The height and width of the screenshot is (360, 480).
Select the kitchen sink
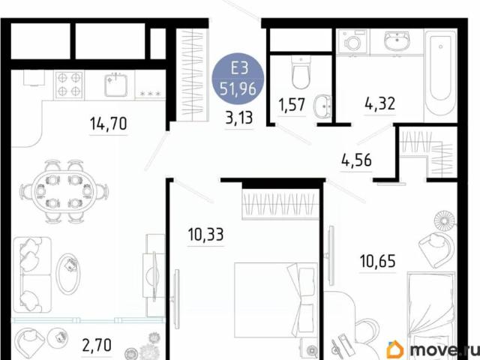117,85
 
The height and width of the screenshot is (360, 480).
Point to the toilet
300,73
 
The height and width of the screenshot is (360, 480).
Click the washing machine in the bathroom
351,42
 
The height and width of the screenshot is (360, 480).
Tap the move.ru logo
431,349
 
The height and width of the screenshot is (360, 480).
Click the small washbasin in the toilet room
324,107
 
